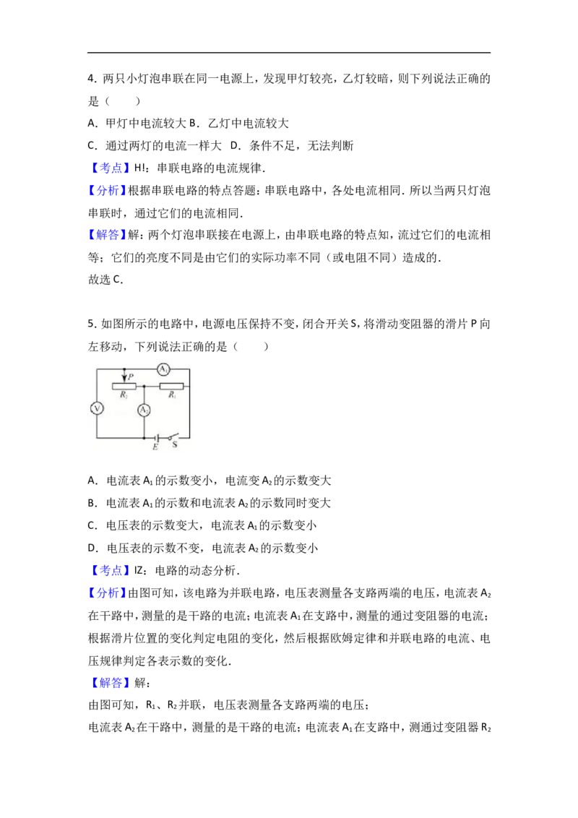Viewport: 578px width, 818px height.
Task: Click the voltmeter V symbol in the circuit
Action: pyautogui.click(x=97, y=408)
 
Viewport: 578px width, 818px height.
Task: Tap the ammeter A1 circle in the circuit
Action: pyautogui.click(x=164, y=369)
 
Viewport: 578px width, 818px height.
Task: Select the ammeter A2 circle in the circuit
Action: pyautogui.click(x=144, y=410)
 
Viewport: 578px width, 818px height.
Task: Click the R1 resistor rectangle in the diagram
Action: pyautogui.click(x=171, y=386)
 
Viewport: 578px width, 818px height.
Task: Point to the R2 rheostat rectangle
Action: pyautogui.click(x=124, y=386)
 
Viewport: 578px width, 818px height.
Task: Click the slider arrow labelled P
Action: pyautogui.click(x=124, y=375)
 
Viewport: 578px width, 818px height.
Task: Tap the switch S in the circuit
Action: pyautogui.click(x=173, y=436)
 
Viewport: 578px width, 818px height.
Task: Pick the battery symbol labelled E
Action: pyautogui.click(x=156, y=437)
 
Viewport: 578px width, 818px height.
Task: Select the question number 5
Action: pyautogui.click(x=92, y=324)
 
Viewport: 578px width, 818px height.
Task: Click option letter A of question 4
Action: pyautogui.click(x=92, y=124)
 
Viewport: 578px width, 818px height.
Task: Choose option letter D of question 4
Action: pyautogui.click(x=235, y=145)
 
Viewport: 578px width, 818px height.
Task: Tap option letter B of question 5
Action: pyautogui.click(x=92, y=503)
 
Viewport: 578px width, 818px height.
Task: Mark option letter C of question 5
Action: pyautogui.click(x=92, y=525)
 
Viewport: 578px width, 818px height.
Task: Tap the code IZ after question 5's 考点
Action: pyautogui.click(x=138, y=571)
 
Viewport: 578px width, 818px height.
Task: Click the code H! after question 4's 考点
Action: pyautogui.click(x=139, y=168)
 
